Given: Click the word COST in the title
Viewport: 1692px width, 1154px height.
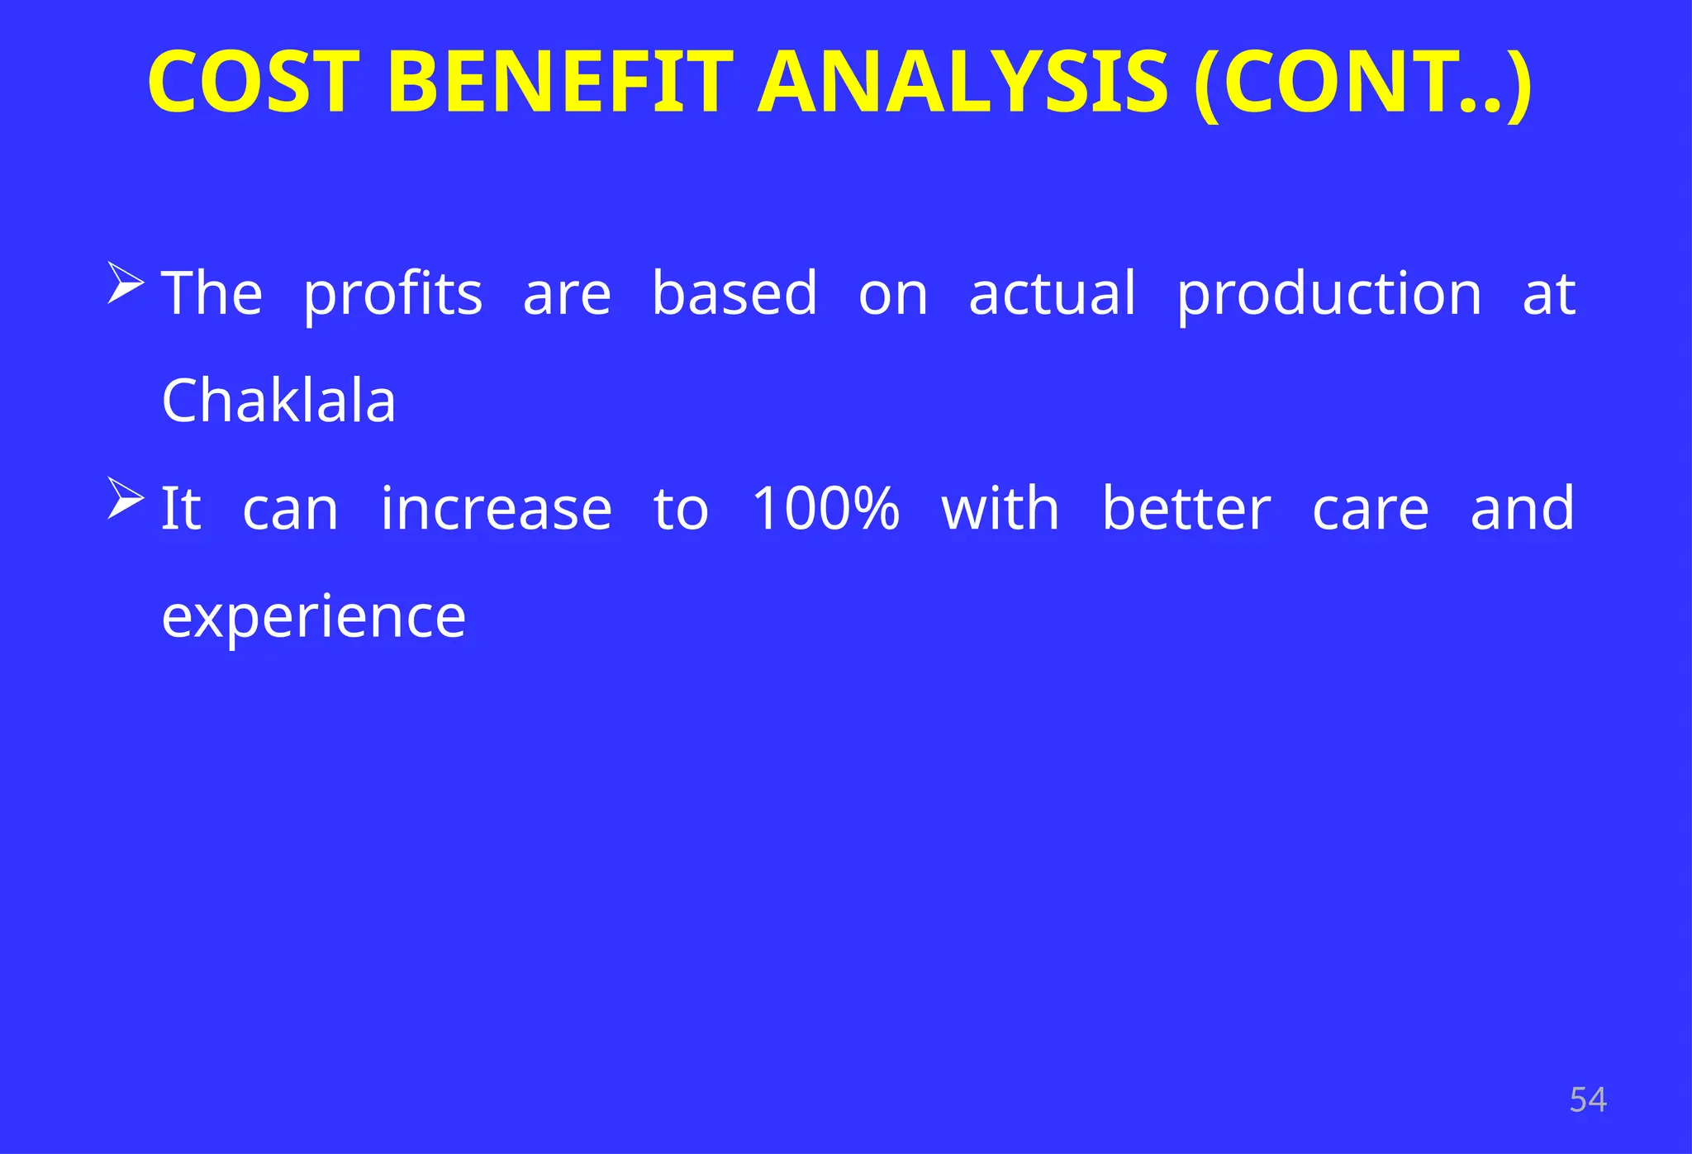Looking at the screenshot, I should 254,83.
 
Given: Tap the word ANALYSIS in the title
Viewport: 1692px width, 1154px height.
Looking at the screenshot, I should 962,83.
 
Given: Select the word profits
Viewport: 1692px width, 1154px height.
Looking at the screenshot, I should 392,294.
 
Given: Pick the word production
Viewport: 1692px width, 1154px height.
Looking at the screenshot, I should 1329,294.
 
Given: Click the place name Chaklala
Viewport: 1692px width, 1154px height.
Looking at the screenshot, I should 278,401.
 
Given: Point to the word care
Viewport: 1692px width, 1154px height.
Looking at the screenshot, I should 1370,510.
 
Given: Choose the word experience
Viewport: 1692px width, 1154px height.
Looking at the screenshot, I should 313,618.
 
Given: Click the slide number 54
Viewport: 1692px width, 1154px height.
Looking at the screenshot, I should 1587,1100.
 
